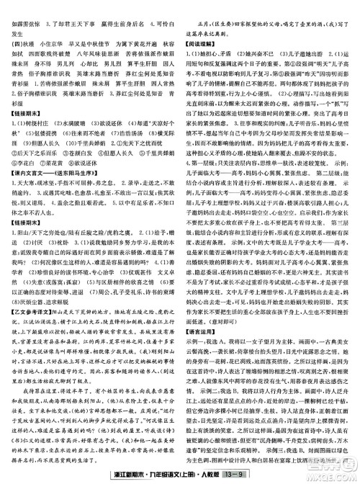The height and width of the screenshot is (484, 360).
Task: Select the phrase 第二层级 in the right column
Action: point(324,194)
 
